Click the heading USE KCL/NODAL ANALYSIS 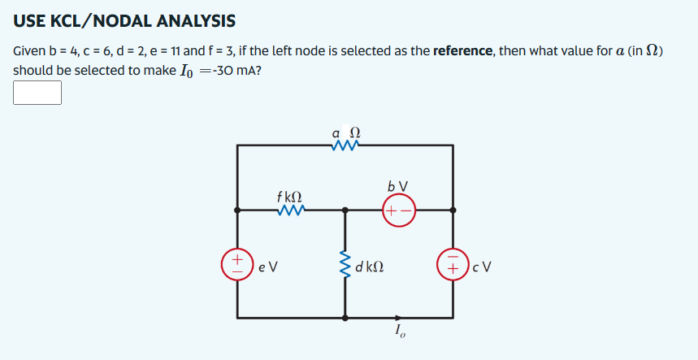tap(124, 20)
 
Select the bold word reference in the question tap(463, 51)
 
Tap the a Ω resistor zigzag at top tap(345, 145)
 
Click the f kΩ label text tap(289, 196)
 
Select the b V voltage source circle tap(399, 210)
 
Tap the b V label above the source tap(399, 186)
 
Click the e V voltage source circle tap(238, 265)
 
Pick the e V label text tap(268, 266)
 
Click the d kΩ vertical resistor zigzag tap(345, 265)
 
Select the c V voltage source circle tap(453, 265)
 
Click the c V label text tap(482, 266)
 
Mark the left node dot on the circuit tap(238, 210)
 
